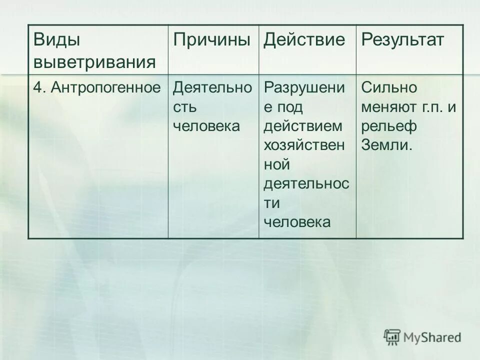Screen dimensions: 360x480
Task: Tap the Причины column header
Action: [x=211, y=40]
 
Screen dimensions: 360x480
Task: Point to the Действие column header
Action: [x=304, y=40]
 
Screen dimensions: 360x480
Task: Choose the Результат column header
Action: [x=402, y=40]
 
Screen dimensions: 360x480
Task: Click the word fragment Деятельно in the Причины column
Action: [x=212, y=88]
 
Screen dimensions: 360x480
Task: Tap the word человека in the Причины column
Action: [x=206, y=126]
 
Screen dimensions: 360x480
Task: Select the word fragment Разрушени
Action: [x=304, y=88]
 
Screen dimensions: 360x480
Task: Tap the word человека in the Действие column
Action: [x=297, y=221]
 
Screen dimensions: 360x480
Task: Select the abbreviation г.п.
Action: [x=434, y=107]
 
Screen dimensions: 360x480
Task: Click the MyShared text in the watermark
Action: [x=432, y=337]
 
